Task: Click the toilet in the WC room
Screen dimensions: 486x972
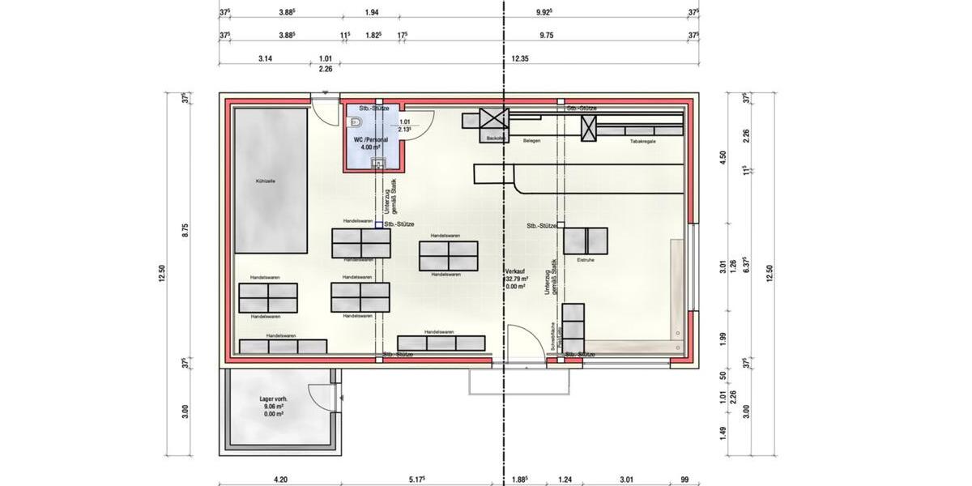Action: coord(354,122)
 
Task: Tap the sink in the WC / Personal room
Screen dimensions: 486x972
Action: coord(376,164)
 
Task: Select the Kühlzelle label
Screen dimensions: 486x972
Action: coord(266,181)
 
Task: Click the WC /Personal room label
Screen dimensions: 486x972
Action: coord(371,140)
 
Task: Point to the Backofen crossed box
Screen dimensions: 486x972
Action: coord(492,119)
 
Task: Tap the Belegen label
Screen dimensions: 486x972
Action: coord(531,141)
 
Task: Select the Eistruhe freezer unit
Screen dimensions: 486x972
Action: coord(585,241)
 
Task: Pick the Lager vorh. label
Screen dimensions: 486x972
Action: coord(274,400)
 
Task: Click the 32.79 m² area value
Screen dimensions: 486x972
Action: coord(516,279)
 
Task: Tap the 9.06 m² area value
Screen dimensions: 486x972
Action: coord(274,407)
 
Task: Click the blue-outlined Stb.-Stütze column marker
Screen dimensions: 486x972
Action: coord(378,224)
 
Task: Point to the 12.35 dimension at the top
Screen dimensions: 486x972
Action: coord(519,58)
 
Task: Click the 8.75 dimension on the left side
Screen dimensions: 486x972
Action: coord(185,229)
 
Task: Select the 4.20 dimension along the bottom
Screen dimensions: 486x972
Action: coord(280,480)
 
